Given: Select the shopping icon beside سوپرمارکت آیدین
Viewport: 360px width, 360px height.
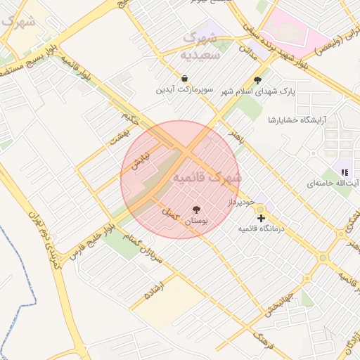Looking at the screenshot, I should pos(184,79).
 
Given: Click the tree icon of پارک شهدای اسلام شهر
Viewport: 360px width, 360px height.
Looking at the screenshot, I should pos(257,80).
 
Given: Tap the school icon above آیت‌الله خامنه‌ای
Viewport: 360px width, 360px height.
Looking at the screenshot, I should pos(345,171).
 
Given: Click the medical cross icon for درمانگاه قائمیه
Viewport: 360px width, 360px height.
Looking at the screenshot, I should pos(262,219).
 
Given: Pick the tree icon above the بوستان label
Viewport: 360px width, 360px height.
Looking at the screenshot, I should pos(196,209).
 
